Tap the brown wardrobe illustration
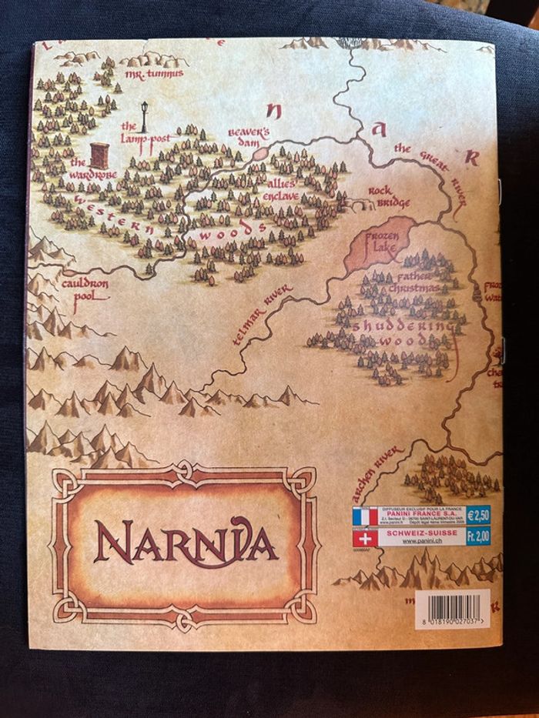(x=99, y=155)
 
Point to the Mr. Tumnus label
(x=153, y=73)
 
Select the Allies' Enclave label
(x=287, y=189)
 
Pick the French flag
(x=365, y=516)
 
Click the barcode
(x=451, y=603)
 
